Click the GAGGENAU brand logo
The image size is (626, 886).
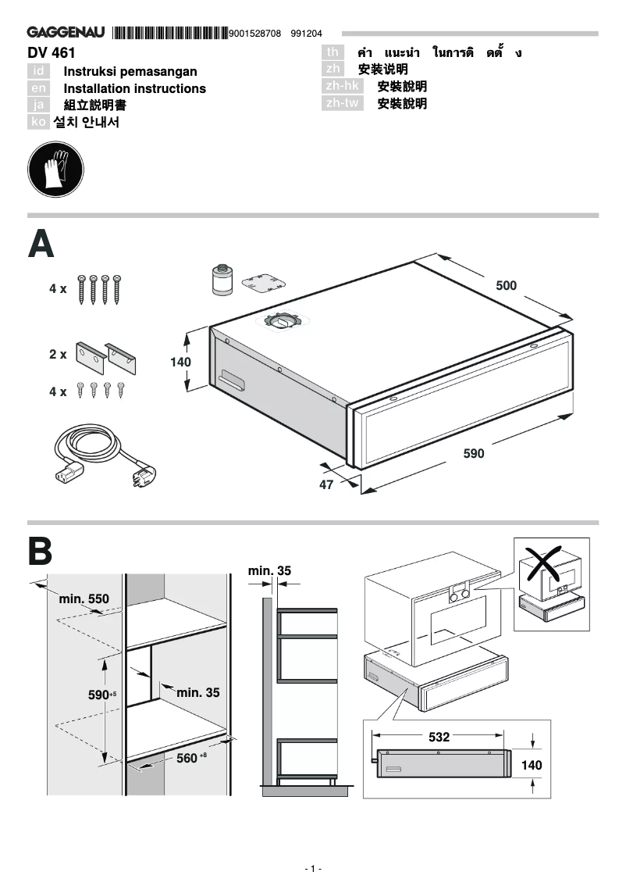pos(66,33)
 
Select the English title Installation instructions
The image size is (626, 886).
pos(134,89)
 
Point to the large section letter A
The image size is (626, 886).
pos(41,244)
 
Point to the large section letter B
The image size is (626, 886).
pos(41,552)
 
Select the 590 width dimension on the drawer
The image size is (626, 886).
pos(474,453)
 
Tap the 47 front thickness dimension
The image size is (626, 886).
pos(326,484)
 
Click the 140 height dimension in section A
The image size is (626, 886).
pos(180,363)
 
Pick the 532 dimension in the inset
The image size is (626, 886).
pos(439,736)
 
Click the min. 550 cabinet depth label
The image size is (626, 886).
pos(84,599)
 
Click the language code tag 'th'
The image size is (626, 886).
pos(333,52)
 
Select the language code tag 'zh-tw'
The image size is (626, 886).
pos(343,103)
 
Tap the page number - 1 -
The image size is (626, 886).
pos(312,869)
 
